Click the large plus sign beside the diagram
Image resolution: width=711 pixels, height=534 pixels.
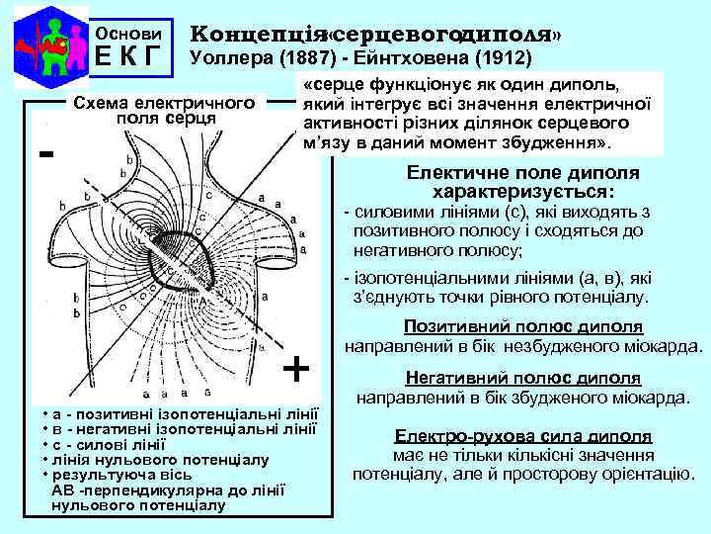(296, 369)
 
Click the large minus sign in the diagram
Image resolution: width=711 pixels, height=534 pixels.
(45, 155)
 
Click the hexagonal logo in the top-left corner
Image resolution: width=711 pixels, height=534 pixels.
(46, 46)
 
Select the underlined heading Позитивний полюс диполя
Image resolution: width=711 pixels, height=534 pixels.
(523, 327)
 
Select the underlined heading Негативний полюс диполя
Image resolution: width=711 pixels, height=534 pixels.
(523, 379)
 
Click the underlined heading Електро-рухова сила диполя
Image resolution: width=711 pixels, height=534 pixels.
(522, 436)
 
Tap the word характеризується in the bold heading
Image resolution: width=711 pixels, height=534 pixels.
(523, 190)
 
